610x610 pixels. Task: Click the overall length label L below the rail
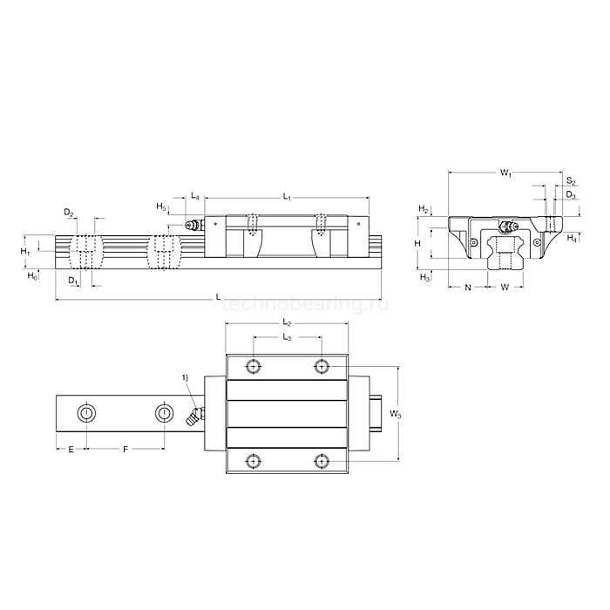point(217,296)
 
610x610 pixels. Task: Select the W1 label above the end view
point(505,174)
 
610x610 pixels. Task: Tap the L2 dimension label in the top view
point(287,323)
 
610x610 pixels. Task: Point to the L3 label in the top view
point(287,337)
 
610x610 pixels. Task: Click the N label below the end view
point(468,287)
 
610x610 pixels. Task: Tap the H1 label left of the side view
point(25,252)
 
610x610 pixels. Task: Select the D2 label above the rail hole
point(69,213)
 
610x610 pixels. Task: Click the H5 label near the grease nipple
point(161,207)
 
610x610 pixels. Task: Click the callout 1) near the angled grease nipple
point(185,376)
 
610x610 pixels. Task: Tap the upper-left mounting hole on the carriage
point(253,366)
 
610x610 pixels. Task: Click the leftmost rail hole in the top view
point(87,412)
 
